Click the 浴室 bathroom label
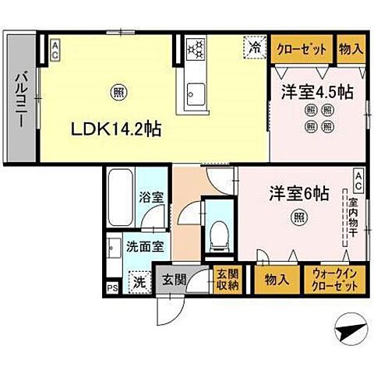150,198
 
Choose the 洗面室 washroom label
144,247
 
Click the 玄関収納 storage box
228,278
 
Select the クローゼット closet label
302,48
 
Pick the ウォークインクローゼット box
336,280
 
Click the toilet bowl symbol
219,231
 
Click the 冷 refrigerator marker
255,48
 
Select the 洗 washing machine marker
138,280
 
